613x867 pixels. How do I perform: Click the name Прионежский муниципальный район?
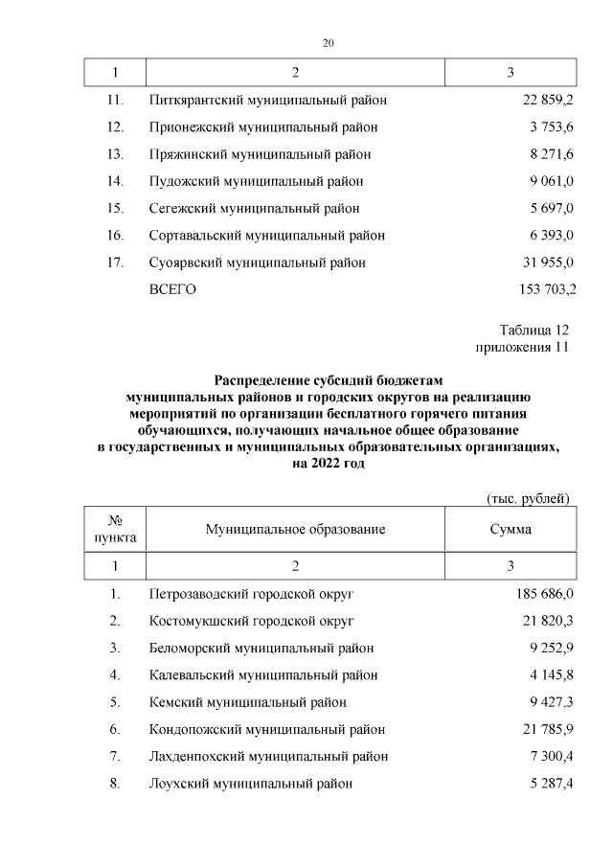(263, 126)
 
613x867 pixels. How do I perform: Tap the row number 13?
(115, 154)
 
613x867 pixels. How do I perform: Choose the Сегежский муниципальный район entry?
(255, 208)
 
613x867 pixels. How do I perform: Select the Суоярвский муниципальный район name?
(258, 262)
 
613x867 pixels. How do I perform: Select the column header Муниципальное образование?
(295, 529)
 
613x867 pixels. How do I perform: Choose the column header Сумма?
(511, 529)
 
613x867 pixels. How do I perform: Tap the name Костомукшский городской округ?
(252, 621)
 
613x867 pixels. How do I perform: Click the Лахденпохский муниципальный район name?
(269, 756)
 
